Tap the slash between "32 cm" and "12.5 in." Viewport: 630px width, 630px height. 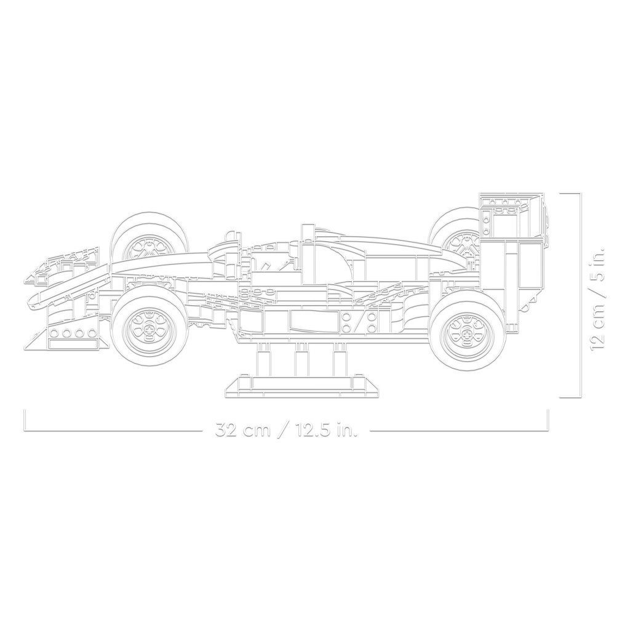(x=282, y=430)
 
